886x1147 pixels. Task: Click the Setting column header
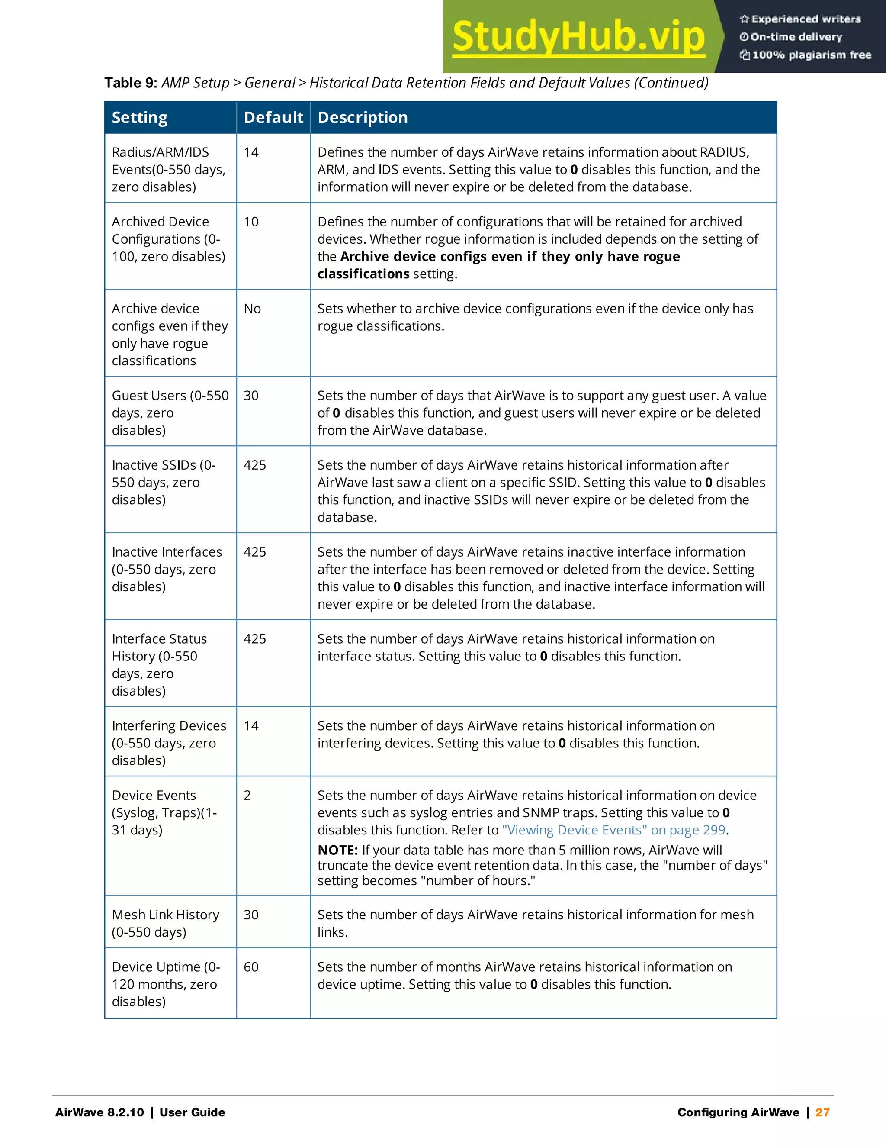[140, 118]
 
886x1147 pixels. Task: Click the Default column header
[273, 118]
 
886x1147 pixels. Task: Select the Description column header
[363, 118]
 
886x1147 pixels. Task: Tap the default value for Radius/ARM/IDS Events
[251, 152]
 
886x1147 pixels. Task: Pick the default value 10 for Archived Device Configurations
[251, 222]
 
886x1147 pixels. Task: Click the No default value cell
[252, 309]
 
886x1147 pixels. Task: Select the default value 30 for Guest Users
[251, 396]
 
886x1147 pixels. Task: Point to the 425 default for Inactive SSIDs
[254, 465]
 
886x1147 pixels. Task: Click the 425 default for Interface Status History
[254, 639]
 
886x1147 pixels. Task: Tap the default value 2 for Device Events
[247, 795]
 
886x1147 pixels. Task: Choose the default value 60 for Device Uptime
[251, 967]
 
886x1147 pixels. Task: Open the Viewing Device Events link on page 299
[613, 830]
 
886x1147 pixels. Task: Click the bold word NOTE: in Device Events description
[337, 850]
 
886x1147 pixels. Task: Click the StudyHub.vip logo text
[578, 36]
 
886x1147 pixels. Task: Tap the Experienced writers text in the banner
[806, 19]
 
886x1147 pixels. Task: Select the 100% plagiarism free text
[812, 55]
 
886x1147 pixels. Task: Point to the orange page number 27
[822, 1112]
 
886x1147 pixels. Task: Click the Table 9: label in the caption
[131, 83]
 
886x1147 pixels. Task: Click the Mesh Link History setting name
[165, 915]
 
